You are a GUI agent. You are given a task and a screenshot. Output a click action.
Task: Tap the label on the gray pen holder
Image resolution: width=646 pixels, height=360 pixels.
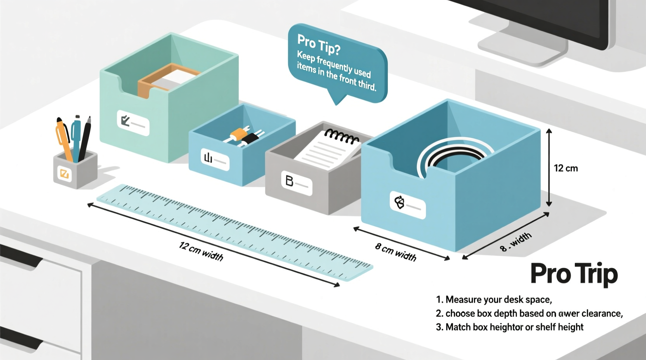(64, 173)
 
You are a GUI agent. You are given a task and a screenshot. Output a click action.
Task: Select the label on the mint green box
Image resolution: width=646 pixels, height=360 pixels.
(133, 123)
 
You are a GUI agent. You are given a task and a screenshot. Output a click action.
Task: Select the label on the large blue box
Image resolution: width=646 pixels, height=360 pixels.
(407, 204)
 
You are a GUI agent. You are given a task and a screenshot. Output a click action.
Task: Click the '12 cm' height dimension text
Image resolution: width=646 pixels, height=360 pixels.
(566, 168)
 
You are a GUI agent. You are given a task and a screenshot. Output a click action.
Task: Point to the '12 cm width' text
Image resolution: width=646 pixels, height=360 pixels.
(201, 251)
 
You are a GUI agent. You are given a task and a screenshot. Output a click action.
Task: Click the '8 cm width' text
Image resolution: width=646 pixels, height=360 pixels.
(396, 252)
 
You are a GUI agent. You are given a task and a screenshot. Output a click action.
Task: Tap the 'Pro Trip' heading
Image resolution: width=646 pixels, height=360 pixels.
(573, 274)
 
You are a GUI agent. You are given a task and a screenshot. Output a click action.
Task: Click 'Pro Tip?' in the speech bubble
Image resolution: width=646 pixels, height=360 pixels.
(318, 44)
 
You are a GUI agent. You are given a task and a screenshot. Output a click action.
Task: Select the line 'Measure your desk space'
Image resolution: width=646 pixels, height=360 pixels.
(494, 299)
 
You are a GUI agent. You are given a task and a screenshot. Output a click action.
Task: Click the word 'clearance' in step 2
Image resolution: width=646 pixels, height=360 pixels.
(602, 313)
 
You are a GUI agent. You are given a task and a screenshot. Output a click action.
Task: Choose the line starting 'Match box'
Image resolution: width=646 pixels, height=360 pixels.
(509, 327)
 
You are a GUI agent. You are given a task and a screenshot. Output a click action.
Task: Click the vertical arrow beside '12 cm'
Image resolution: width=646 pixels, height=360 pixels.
(549, 168)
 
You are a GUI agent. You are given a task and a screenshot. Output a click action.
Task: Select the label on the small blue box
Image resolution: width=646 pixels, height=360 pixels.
(215, 159)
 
